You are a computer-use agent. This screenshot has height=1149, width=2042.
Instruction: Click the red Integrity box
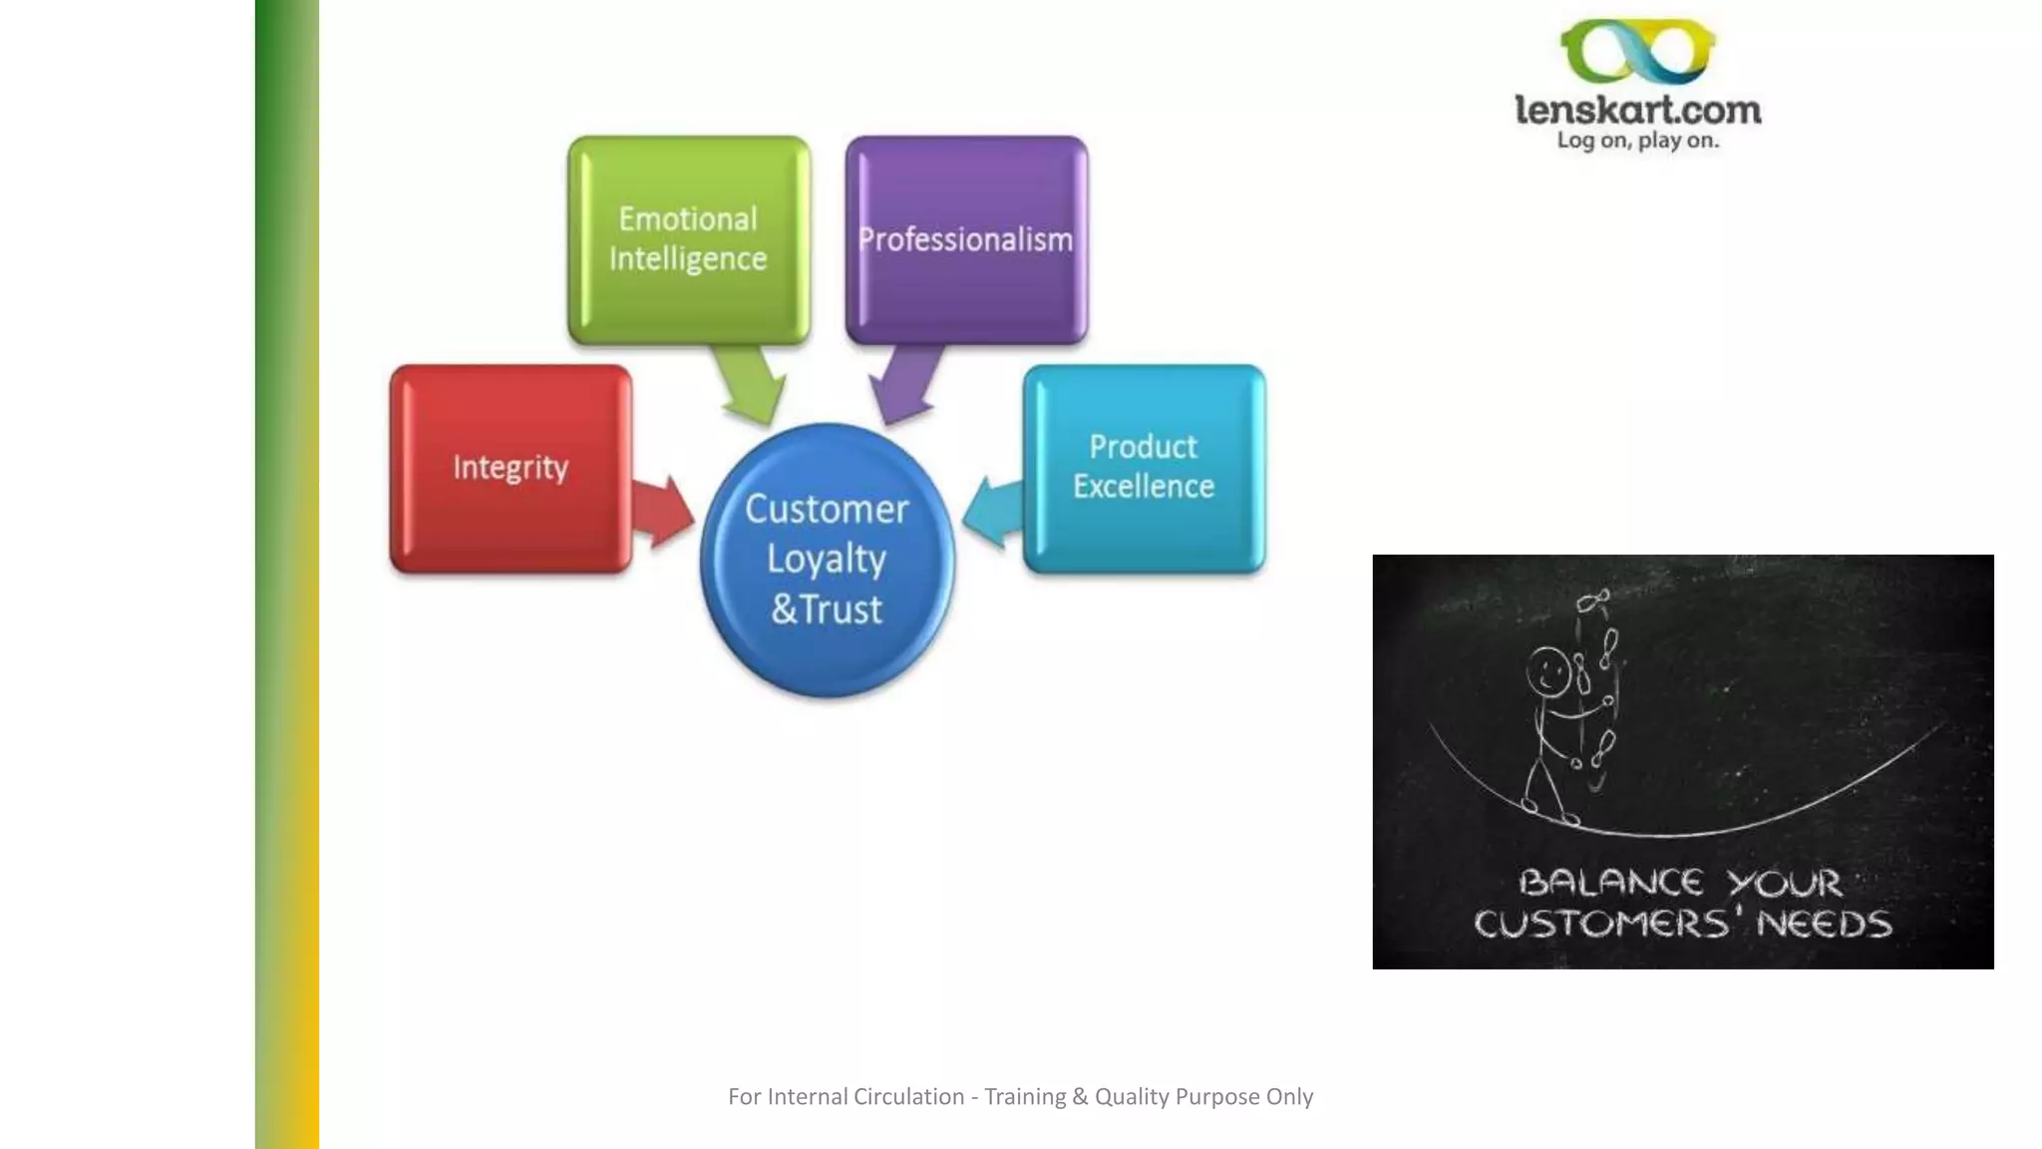click(510, 469)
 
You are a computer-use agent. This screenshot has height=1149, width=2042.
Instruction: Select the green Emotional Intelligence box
click(688, 239)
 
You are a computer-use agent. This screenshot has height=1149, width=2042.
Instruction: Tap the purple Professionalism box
click(966, 239)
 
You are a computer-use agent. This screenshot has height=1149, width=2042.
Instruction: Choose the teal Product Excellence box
click(1144, 469)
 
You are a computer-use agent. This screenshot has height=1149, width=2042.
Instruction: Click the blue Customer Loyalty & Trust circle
click(827, 561)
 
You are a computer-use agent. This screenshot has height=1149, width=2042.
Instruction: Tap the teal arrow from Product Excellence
click(994, 510)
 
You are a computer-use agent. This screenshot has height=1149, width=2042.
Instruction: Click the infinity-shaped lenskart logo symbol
click(1638, 52)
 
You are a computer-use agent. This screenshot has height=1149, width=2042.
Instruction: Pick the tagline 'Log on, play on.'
click(1638, 141)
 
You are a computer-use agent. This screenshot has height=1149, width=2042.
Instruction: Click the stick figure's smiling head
click(1548, 670)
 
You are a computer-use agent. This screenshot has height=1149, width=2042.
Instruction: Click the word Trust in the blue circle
click(842, 609)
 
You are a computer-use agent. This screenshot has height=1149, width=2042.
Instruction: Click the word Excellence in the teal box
click(1144, 487)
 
